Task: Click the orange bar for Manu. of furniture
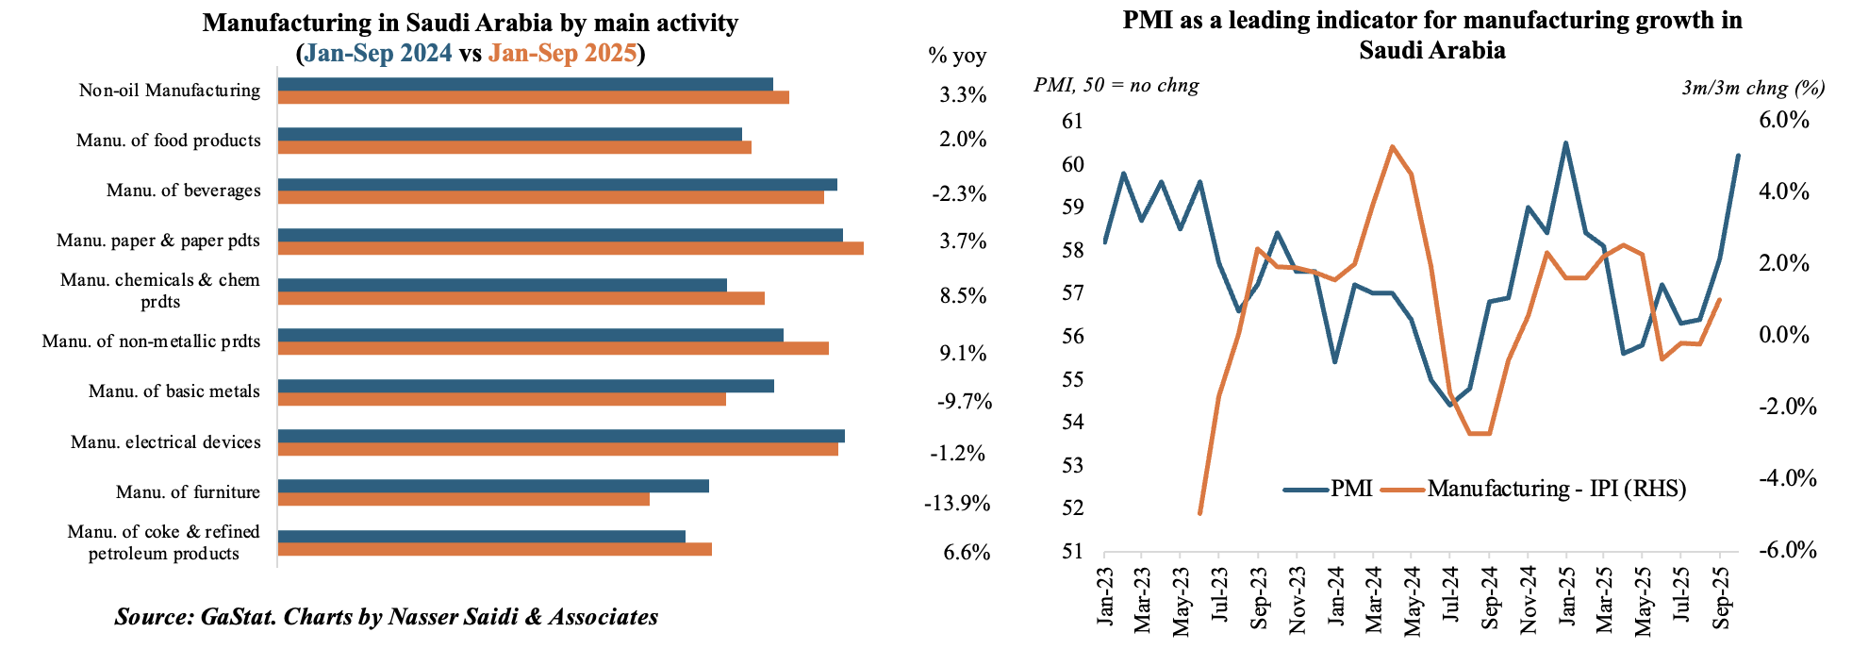[x=464, y=499]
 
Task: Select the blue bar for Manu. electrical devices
[x=561, y=436]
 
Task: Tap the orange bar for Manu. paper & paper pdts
[x=570, y=248]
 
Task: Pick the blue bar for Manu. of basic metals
[x=526, y=386]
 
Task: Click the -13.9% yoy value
[x=957, y=504]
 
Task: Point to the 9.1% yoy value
[x=963, y=354]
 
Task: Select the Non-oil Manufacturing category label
[x=170, y=91]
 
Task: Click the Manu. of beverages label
[x=183, y=191]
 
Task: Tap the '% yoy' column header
[x=957, y=56]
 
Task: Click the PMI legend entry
[x=1350, y=489]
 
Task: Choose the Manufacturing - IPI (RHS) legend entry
[x=1556, y=489]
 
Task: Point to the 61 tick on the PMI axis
[x=1072, y=122]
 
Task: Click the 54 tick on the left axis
[x=1072, y=422]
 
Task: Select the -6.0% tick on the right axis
[x=1787, y=551]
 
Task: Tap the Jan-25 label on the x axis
[x=1566, y=596]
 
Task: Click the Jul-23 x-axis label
[x=1219, y=596]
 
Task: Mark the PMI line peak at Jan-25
[x=1565, y=143]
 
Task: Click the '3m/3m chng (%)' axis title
[x=1753, y=89]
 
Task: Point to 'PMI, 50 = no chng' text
[x=1116, y=86]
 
